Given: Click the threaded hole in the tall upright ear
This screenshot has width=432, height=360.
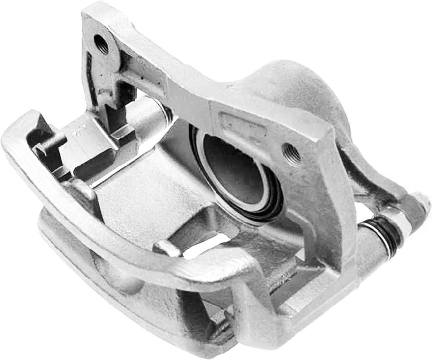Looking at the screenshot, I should point(102,45).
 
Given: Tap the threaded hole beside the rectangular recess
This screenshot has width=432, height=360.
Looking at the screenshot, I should point(293,153).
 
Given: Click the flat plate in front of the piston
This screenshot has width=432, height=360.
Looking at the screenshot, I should point(137,196).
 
